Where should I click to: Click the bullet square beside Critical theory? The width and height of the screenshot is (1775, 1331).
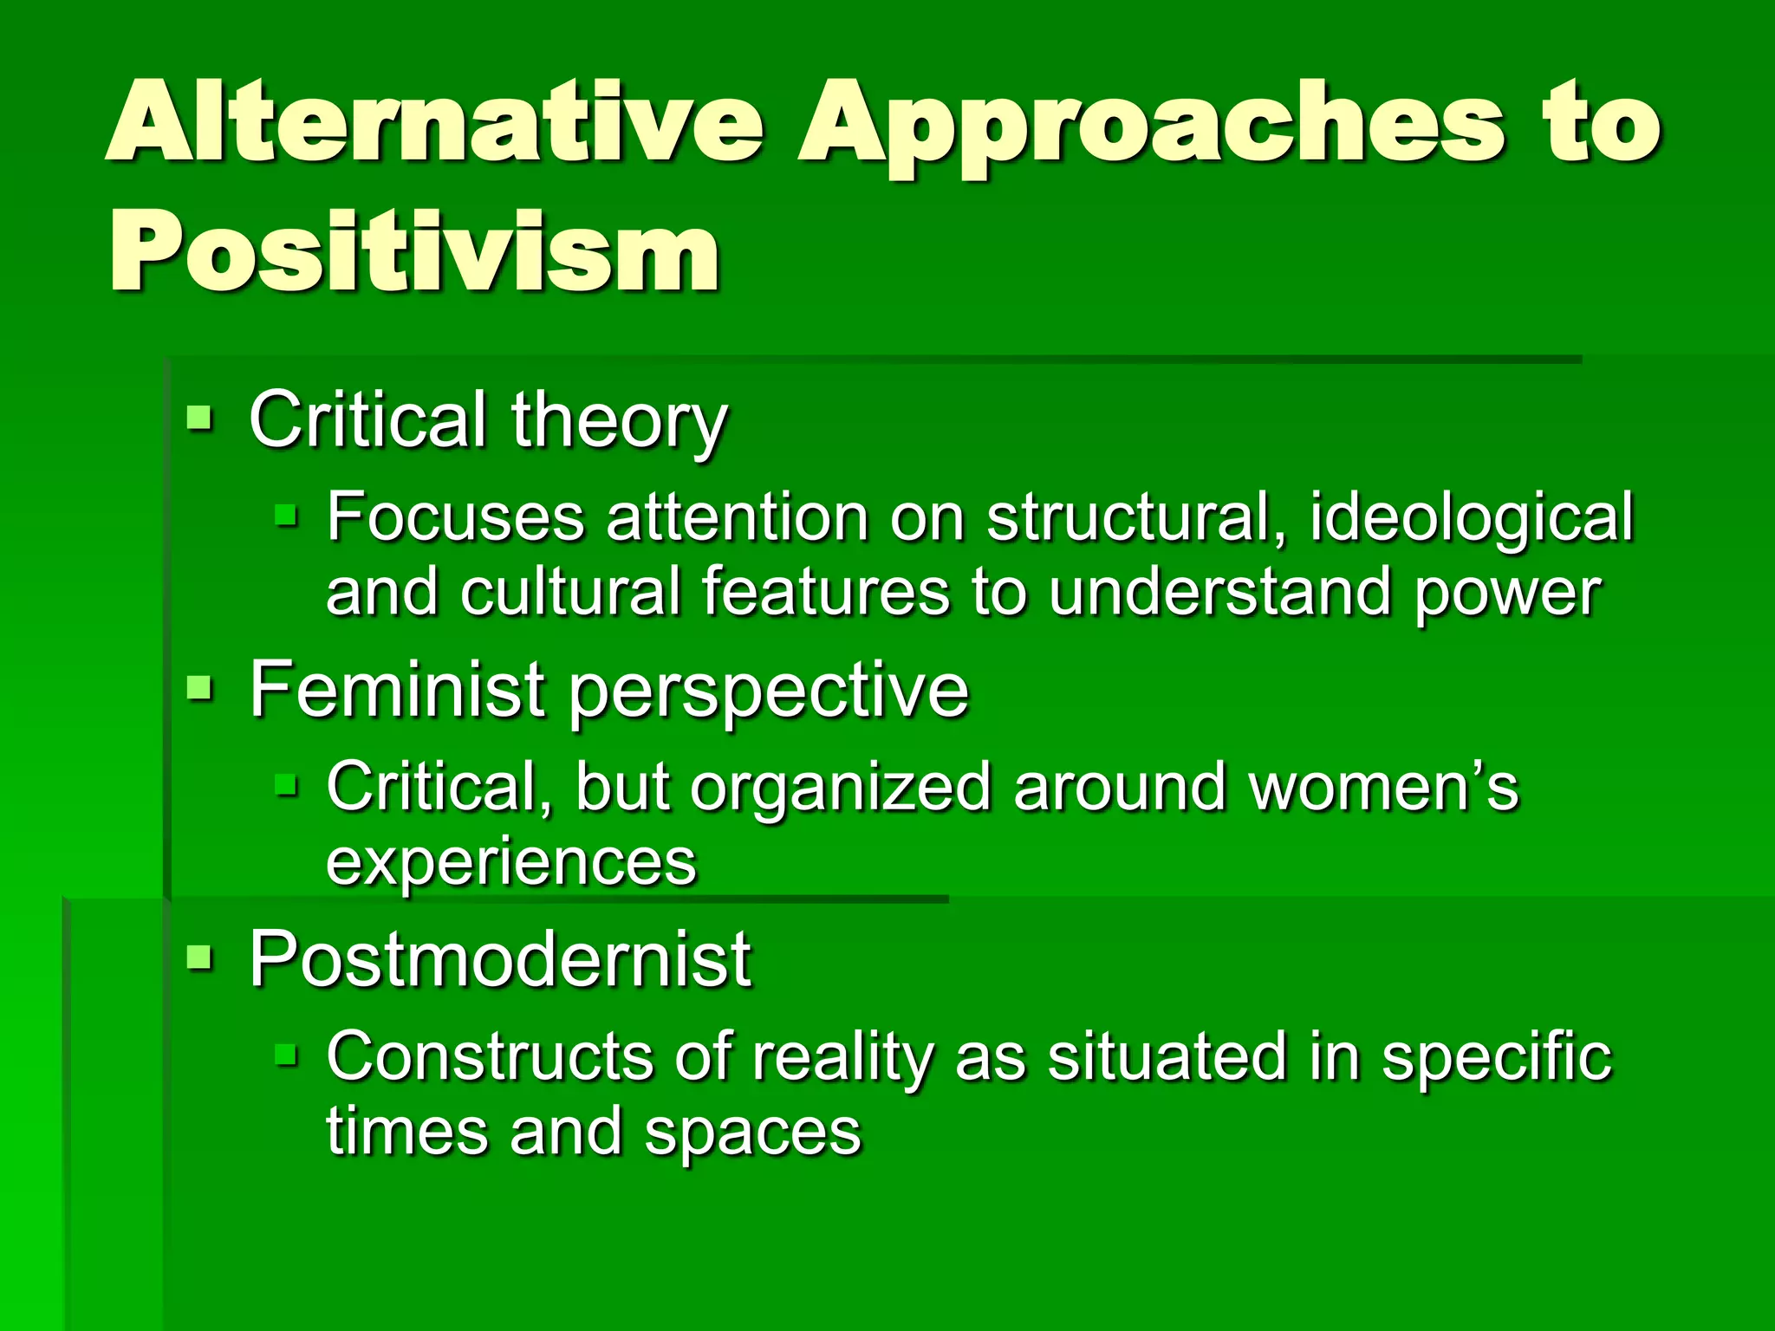click(x=200, y=421)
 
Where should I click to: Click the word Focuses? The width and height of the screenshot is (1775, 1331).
click(x=455, y=518)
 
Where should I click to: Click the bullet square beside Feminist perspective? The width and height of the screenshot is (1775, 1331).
click(x=200, y=691)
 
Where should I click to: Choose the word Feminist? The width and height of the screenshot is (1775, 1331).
click(x=397, y=690)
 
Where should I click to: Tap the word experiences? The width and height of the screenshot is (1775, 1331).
click(x=510, y=863)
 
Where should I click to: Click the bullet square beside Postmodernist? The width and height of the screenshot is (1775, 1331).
click(x=200, y=958)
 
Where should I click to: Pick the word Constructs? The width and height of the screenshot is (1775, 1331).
click(x=490, y=1057)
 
